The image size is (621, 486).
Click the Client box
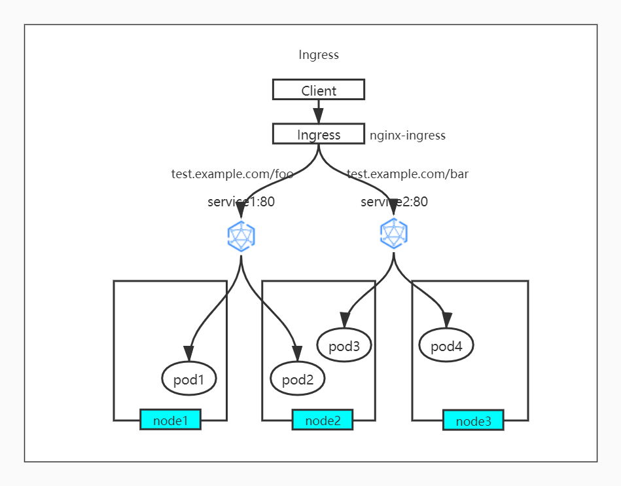[x=319, y=90]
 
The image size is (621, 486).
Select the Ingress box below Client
[x=319, y=134]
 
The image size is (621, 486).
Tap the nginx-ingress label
[x=407, y=136]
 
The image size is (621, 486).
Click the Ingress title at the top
[x=319, y=55]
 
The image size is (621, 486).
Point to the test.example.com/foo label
[x=232, y=174]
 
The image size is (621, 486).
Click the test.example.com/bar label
[x=407, y=174]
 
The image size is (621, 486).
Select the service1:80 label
[x=241, y=202]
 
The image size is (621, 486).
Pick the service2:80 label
[x=394, y=202]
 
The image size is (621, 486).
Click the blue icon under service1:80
[x=241, y=236]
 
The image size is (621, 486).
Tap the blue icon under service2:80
[x=394, y=233]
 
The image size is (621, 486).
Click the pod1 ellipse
[x=189, y=379]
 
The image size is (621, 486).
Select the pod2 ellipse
[x=298, y=379]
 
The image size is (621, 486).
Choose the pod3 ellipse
[x=344, y=345]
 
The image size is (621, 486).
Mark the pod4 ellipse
[x=446, y=345]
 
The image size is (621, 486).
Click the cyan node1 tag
[x=170, y=420]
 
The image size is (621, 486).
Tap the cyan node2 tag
[x=323, y=420]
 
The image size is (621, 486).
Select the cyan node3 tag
[x=473, y=421]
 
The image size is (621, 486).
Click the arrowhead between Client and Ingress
[x=319, y=116]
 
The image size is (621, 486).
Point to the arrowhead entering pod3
[x=344, y=320]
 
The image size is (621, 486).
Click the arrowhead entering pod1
[x=189, y=354]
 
